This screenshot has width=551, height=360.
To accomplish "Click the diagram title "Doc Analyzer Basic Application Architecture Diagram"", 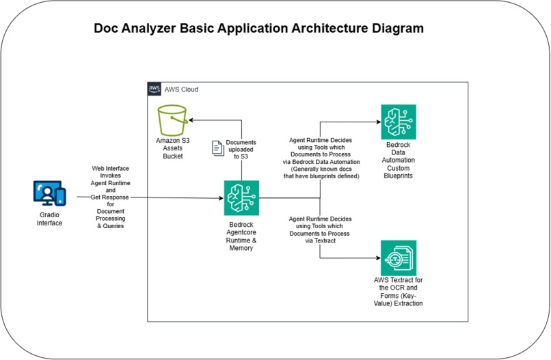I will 258,29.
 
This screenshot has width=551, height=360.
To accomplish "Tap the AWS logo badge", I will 154,89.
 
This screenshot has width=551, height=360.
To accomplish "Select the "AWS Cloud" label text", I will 181,89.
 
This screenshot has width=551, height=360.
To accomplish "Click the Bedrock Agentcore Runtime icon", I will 241,198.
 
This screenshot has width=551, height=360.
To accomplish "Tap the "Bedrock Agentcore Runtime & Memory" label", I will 241,236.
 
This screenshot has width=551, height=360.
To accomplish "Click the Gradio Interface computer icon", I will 49,193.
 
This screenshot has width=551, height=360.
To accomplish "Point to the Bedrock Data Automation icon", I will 399,122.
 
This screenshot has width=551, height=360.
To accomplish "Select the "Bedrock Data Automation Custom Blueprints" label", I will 399,161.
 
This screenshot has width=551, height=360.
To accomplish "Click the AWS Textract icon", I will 399,258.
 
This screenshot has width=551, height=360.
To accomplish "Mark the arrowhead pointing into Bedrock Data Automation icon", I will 377,122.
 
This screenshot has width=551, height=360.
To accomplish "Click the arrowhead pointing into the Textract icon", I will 377,258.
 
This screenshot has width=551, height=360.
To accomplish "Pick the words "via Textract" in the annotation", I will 321,241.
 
